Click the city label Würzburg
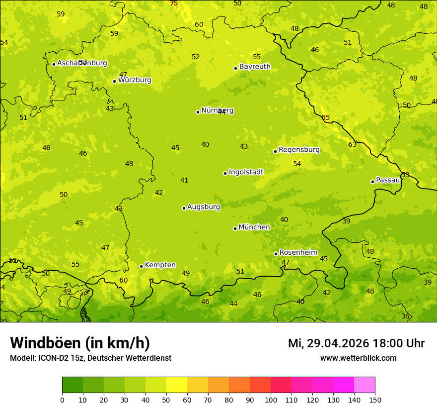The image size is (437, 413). pos(135,80)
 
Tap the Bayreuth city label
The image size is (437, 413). pos(255,67)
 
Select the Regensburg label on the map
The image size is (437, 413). pos(299,150)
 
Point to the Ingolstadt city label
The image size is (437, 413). pos(246,172)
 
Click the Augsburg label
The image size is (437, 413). pos(204,207)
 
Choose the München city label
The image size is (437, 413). pos(254,227)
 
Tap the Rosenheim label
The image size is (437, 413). pos(298,253)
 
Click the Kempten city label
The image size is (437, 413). pos(160,265)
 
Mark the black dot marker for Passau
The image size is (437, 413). pos(372,182)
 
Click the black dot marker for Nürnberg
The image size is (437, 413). pos(198,112)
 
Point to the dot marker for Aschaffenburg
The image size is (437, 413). pos(54,64)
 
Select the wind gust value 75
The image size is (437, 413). pos(174,3)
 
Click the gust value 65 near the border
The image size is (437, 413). pos(326,118)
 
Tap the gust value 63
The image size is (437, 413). pos(352,145)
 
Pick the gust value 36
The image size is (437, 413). pos(405,316)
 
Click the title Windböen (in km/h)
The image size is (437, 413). pos(80,343)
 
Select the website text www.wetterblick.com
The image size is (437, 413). pos(358,358)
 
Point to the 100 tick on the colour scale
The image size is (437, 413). pos(271,400)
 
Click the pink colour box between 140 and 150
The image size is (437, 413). pos(364,385)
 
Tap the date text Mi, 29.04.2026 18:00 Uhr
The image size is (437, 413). pos(356,343)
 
